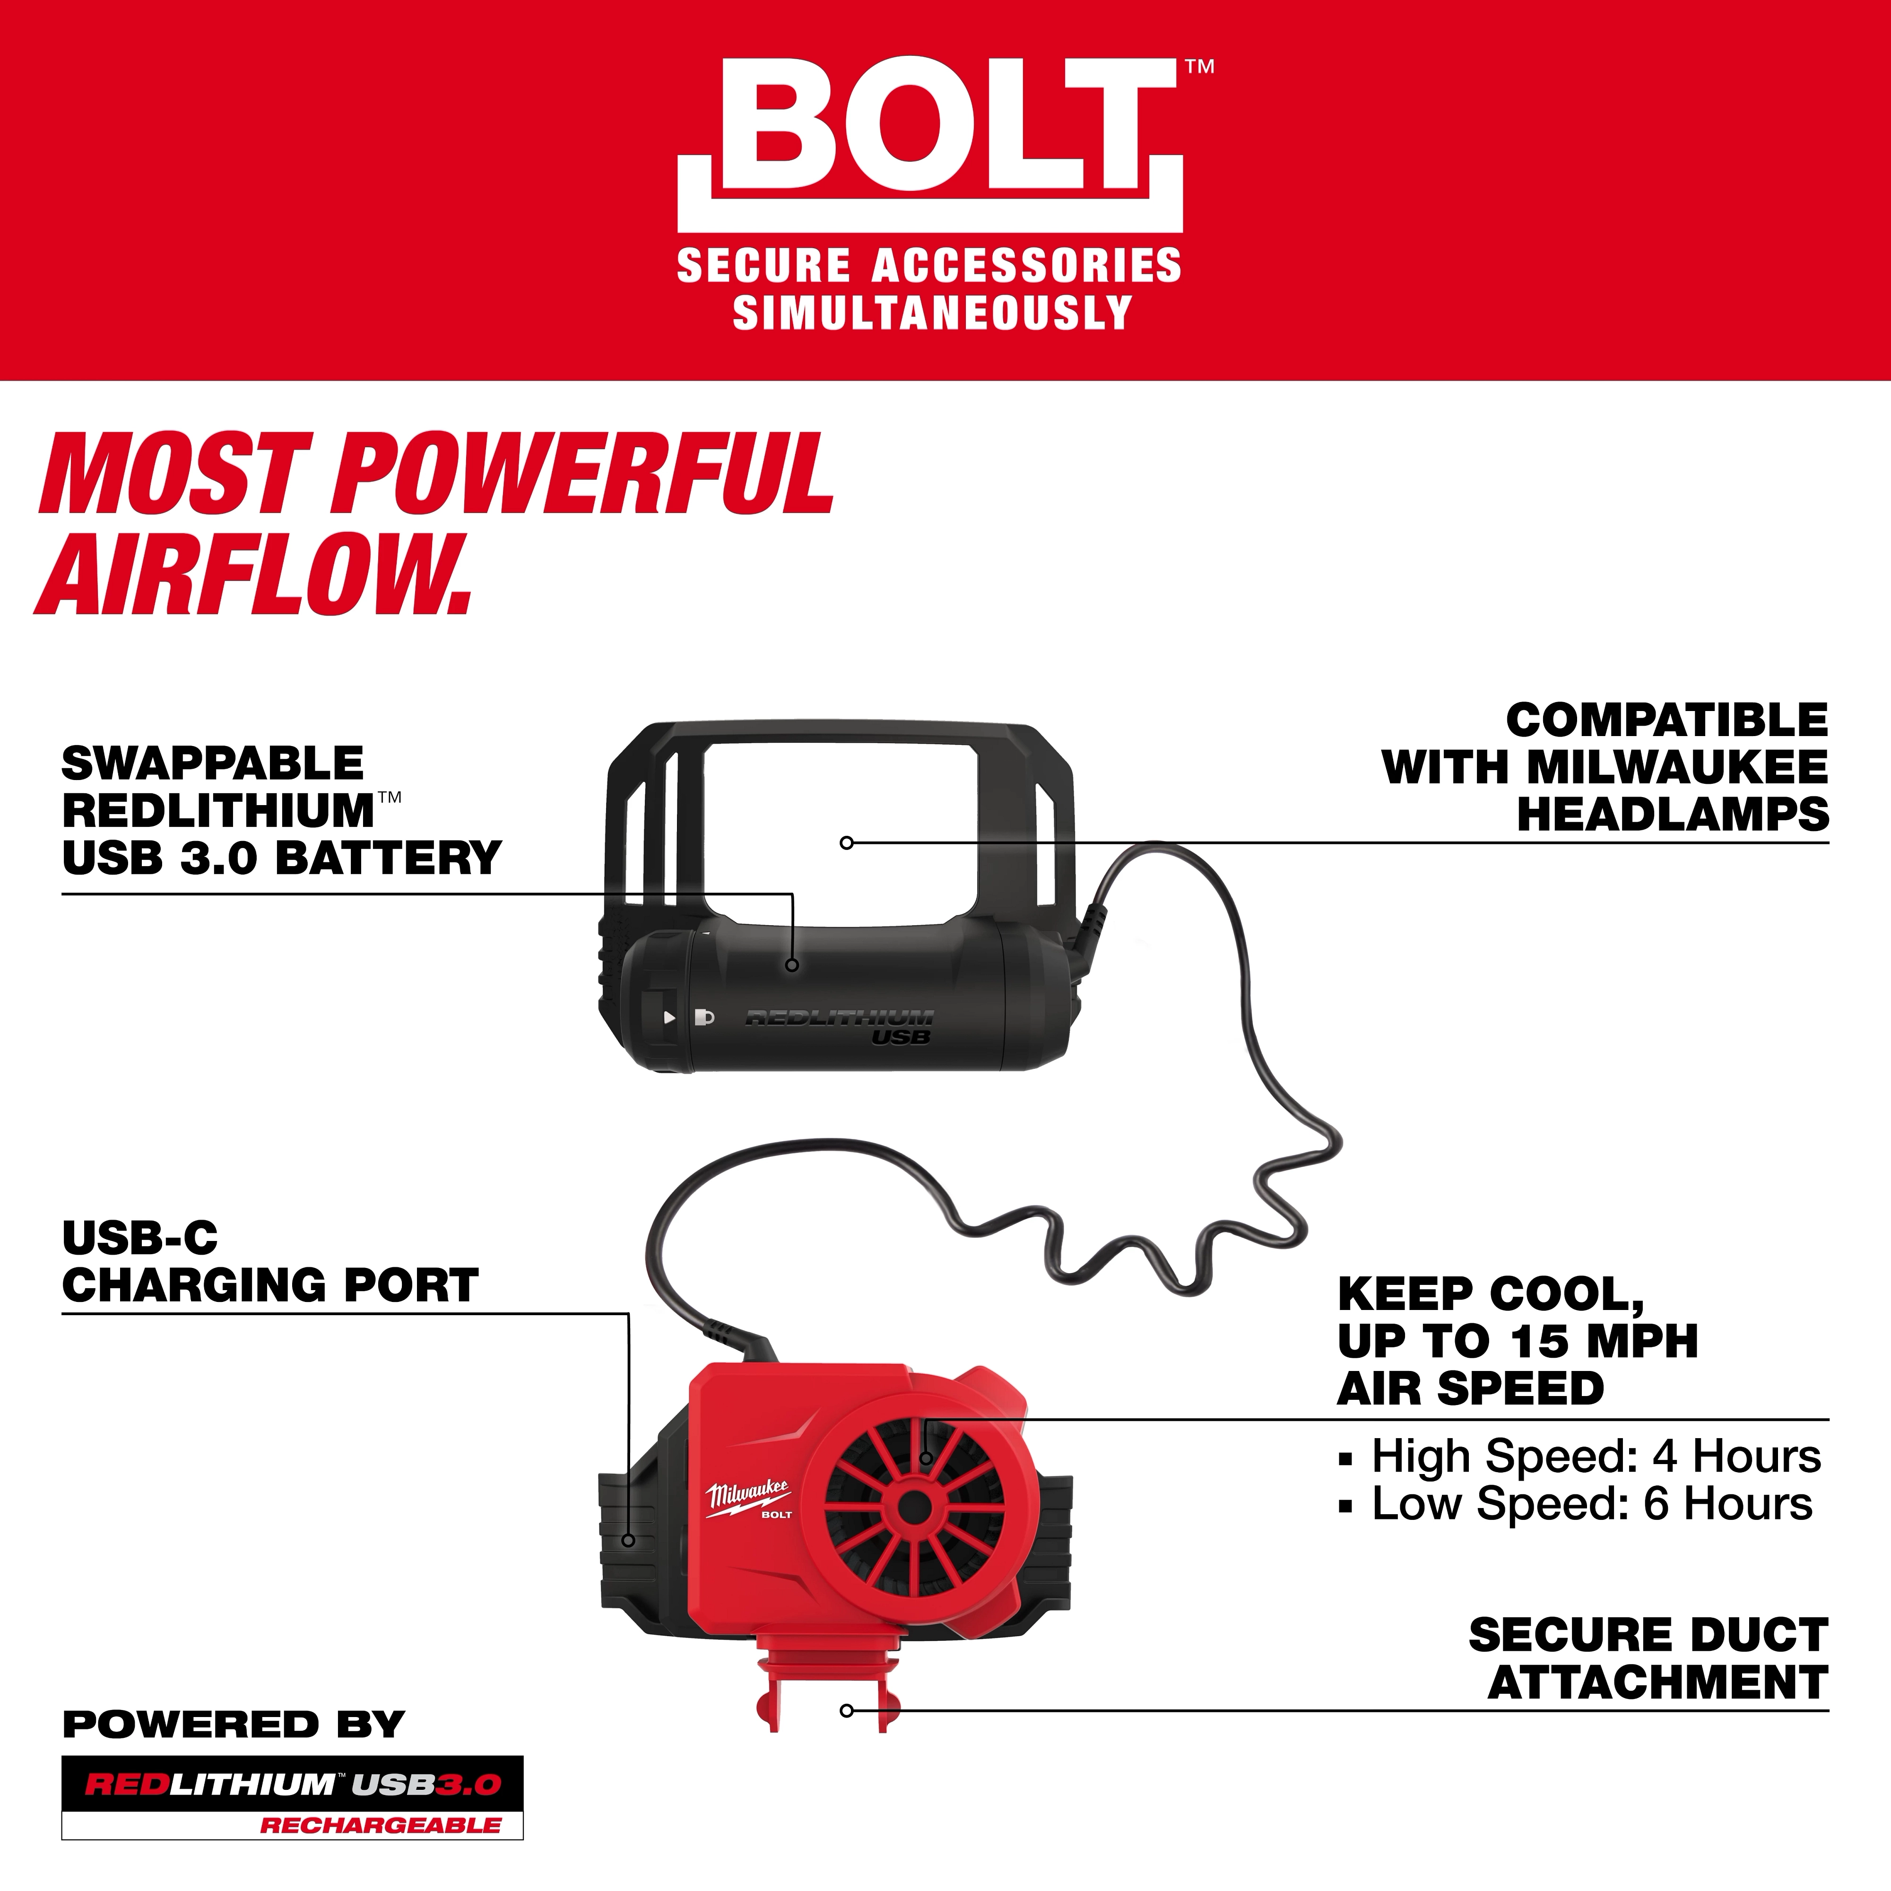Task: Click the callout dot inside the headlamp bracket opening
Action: tap(847, 843)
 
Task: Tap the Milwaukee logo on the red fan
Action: tap(749, 1494)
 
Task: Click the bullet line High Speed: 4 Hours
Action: tap(1596, 1457)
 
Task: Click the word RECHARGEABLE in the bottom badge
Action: tap(380, 1825)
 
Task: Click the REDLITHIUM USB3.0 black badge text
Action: tap(292, 1784)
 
